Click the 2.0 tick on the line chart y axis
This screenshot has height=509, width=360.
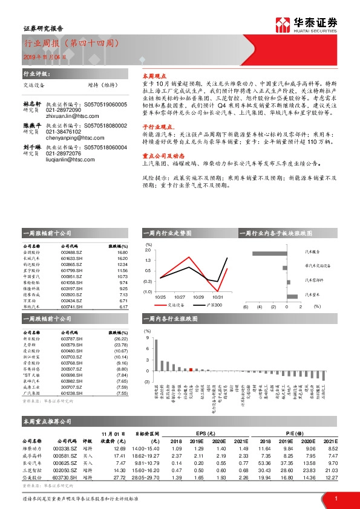pyautogui.click(x=148, y=249)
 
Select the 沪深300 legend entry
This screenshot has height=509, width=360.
pyautogui.click(x=208, y=306)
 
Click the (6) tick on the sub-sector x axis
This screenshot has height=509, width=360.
pyautogui.click(x=246, y=307)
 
